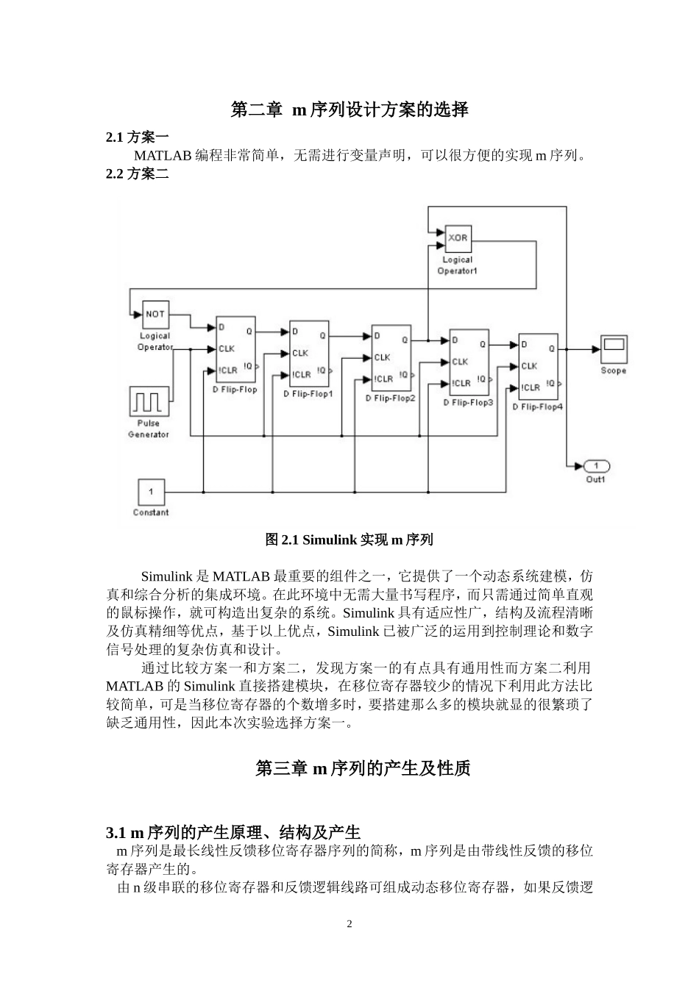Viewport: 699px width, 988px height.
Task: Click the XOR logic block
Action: [458, 238]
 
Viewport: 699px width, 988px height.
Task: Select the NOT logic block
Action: [155, 314]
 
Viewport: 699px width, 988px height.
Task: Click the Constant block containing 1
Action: [151, 491]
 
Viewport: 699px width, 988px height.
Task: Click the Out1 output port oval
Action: [596, 466]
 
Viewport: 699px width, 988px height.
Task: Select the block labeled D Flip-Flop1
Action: [309, 354]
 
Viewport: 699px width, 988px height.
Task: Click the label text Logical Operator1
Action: [458, 265]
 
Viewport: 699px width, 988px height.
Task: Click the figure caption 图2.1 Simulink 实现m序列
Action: [349, 540]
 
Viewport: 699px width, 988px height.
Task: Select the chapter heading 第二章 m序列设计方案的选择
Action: [349, 110]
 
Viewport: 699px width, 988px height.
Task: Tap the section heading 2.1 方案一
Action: [138, 137]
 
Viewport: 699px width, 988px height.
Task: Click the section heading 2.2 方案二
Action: [138, 174]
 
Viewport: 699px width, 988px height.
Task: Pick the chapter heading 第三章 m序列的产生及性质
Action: [362, 769]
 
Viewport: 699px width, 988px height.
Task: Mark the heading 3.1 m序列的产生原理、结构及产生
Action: [233, 833]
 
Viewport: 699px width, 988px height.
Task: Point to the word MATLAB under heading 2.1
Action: [163, 156]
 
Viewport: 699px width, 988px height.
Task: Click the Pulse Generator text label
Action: [149, 429]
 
